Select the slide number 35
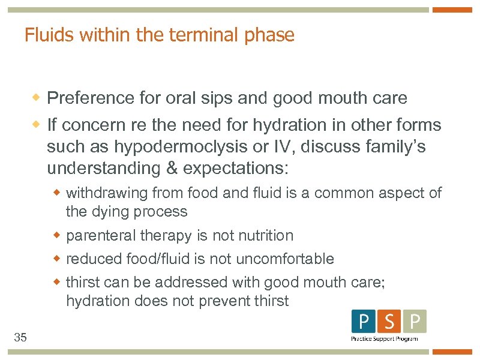point(20,338)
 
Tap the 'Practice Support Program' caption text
point(384,339)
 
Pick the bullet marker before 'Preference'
point(37,97)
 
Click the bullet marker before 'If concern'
point(37,125)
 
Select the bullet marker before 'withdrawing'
point(58,193)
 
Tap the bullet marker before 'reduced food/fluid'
point(58,259)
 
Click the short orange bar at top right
point(452,10)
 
